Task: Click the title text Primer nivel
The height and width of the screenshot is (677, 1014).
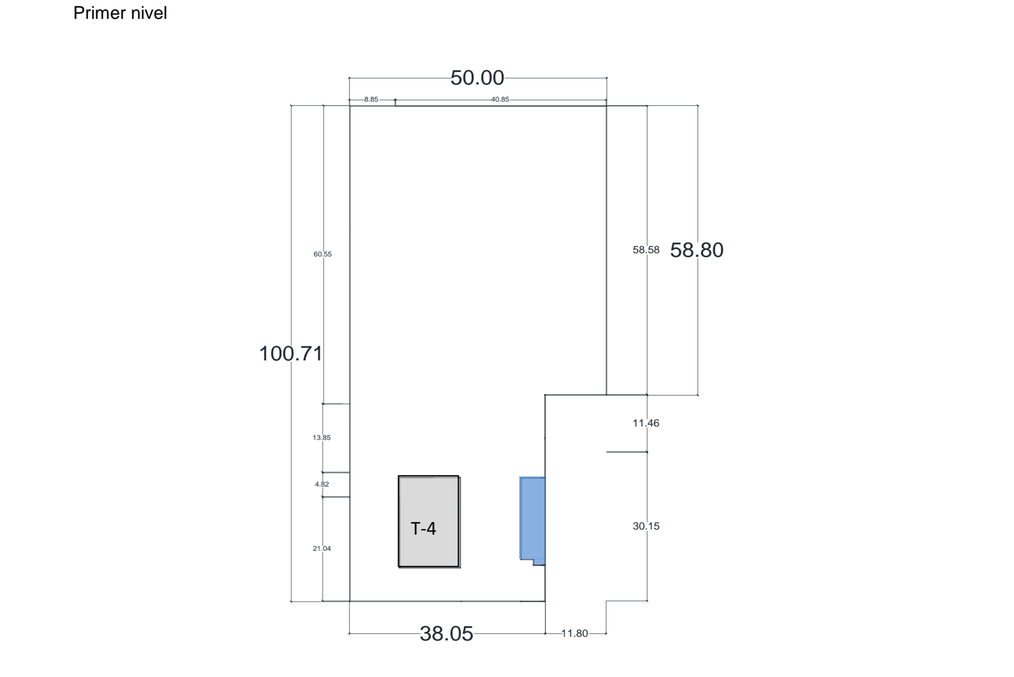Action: (x=120, y=13)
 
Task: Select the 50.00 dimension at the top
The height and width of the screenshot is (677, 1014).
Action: (x=477, y=78)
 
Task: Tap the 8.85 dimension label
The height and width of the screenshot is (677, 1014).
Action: (x=371, y=99)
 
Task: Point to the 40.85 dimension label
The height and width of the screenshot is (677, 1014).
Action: (x=500, y=99)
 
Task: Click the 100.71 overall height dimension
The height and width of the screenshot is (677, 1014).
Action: (x=291, y=354)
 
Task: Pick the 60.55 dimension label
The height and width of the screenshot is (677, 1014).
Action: (x=323, y=254)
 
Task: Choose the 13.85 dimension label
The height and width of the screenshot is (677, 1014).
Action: (x=322, y=438)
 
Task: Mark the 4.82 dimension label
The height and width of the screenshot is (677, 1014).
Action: (x=322, y=484)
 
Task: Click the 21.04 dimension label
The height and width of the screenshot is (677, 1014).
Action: (x=322, y=549)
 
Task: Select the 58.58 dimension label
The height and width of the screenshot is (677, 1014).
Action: (x=646, y=250)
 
